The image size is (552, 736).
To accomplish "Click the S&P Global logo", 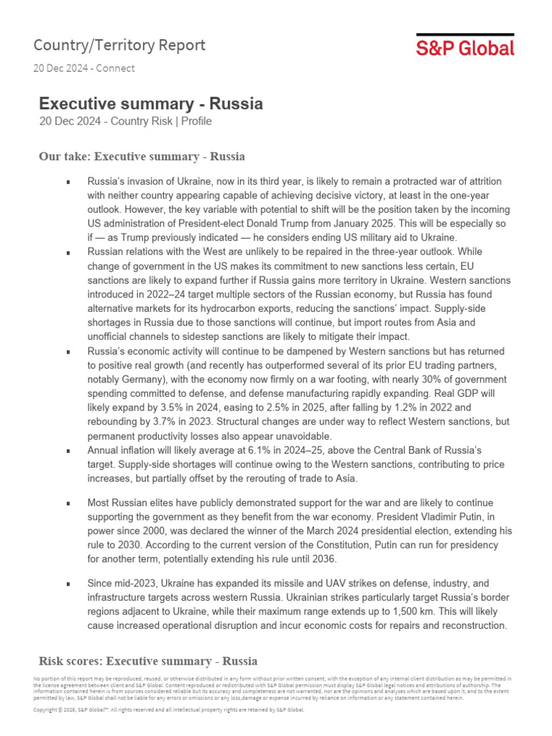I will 465,47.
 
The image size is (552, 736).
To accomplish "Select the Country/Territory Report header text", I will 119,45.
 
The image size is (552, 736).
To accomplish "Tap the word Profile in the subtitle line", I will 196,121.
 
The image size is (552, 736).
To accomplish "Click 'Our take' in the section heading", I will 64,157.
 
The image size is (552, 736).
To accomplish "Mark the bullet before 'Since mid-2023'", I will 68,584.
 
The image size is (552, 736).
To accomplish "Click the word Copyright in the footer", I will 49,709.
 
